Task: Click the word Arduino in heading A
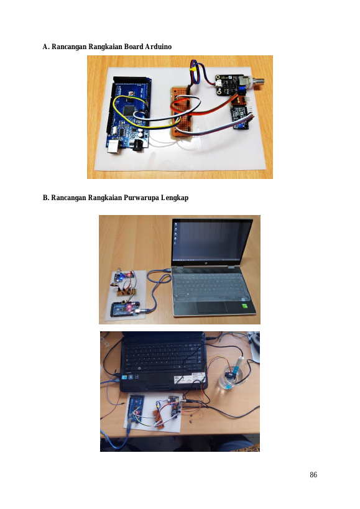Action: pyautogui.click(x=158, y=47)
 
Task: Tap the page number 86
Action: pyautogui.click(x=313, y=475)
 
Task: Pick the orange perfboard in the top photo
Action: pyautogui.click(x=182, y=112)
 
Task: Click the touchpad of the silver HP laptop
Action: pyautogui.click(x=212, y=307)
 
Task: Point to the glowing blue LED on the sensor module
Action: pyautogui.click(x=120, y=278)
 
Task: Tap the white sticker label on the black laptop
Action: pyautogui.click(x=190, y=378)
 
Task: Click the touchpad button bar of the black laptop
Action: pyautogui.click(x=159, y=388)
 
